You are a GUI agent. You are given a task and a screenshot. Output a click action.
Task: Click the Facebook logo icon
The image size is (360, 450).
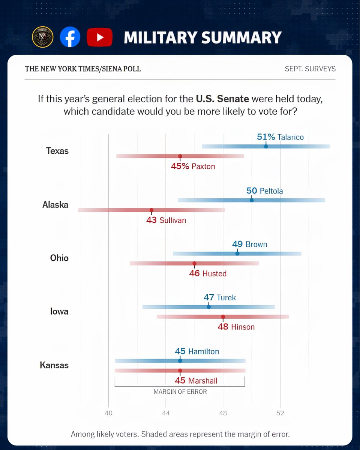pyautogui.click(x=70, y=37)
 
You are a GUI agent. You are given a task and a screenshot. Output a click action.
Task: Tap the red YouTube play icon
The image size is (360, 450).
pyautogui.click(x=100, y=37)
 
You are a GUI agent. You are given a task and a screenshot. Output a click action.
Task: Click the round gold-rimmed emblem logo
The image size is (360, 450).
pyautogui.click(x=43, y=37)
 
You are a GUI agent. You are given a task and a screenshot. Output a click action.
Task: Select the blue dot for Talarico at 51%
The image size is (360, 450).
pyautogui.click(x=266, y=146)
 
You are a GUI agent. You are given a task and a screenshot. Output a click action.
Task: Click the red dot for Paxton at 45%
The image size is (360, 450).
pyautogui.click(x=180, y=156)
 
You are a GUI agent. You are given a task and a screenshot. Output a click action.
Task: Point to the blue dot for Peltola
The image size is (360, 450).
pyautogui.click(x=252, y=200)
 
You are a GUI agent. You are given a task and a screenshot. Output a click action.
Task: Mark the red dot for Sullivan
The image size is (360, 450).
pyautogui.click(x=151, y=210)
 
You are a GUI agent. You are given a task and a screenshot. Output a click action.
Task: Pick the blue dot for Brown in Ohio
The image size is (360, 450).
pyautogui.click(x=237, y=253)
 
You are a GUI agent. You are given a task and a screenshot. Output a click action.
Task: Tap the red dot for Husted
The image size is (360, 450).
pyautogui.click(x=194, y=263)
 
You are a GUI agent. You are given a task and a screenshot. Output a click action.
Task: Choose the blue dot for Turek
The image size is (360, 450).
pyautogui.click(x=208, y=307)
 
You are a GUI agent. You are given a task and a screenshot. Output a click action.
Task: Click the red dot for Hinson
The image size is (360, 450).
pyautogui.click(x=223, y=316)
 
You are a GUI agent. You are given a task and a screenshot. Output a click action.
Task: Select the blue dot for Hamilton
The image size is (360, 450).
pyautogui.click(x=180, y=361)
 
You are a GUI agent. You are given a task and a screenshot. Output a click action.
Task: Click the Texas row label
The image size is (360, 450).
pyautogui.click(x=57, y=151)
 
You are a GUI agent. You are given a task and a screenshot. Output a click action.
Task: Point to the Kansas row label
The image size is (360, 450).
pyautogui.click(x=54, y=365)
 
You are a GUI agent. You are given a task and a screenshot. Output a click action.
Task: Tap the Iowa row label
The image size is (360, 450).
pyautogui.click(x=59, y=311)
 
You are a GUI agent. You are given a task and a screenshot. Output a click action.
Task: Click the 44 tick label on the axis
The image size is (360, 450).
pyautogui.click(x=166, y=413)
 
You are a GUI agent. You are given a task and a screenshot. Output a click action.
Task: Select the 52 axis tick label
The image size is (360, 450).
pyautogui.click(x=280, y=413)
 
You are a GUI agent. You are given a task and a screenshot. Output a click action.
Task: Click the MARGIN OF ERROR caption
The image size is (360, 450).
pyautogui.click(x=180, y=391)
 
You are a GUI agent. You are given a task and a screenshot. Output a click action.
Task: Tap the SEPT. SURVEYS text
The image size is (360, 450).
pyautogui.click(x=310, y=69)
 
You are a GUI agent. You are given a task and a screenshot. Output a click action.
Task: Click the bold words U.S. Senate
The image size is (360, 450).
pyautogui.click(x=223, y=99)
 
